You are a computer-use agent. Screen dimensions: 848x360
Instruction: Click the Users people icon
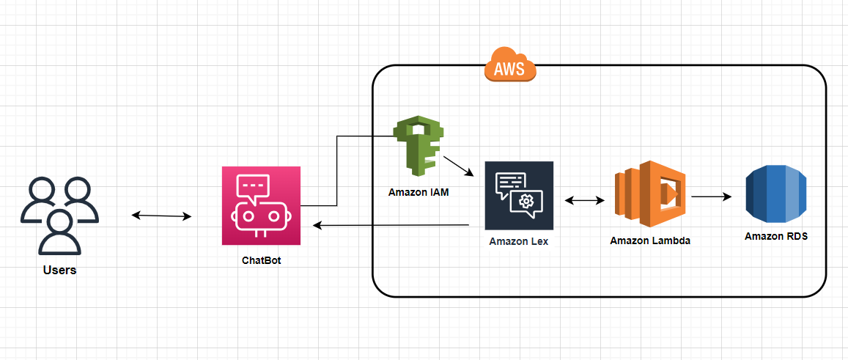59,216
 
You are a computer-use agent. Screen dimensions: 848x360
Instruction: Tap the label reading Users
59,270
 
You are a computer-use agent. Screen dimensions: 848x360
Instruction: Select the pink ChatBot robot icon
261,206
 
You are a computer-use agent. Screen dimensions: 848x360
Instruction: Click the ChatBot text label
261,260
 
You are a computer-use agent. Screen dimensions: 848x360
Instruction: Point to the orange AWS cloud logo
511,65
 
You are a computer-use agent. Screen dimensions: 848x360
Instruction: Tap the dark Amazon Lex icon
519,196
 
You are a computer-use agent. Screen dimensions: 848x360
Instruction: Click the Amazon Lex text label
519,241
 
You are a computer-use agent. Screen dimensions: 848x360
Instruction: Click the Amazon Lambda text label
650,241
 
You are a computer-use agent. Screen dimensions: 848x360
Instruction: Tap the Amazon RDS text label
776,237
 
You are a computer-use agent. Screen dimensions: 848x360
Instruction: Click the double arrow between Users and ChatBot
162,216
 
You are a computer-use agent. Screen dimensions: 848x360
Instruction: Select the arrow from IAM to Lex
458,166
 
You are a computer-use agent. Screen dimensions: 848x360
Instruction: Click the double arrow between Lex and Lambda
585,200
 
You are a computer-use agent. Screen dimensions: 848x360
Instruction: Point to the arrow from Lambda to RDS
712,197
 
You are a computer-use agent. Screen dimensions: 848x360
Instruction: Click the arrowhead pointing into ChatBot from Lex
317,224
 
